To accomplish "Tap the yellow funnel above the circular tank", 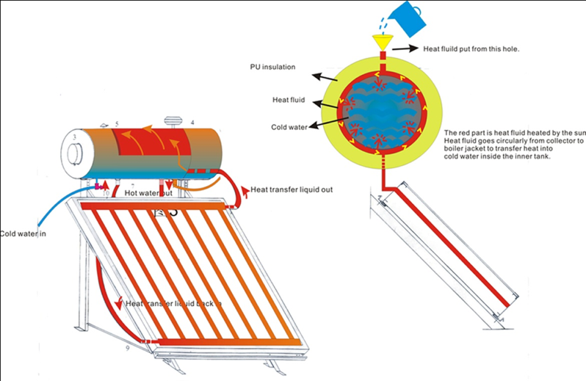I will click(382, 43).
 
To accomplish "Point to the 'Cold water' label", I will click(287, 126).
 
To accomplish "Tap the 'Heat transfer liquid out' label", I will click(292, 189).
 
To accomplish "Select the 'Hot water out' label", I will click(148, 193).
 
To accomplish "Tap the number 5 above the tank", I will click(116, 126).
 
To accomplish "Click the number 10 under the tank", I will click(105, 193).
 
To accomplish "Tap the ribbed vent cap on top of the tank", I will click(174, 121).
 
